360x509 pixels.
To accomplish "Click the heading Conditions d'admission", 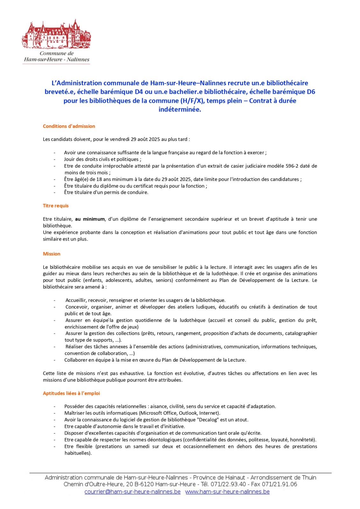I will point(69,126).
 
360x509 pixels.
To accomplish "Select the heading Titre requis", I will point(56,206).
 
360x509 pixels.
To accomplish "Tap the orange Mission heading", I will point(52,254).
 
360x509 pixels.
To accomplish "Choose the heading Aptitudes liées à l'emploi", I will point(71,394).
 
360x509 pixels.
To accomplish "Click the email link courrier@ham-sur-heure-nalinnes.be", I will point(132,492).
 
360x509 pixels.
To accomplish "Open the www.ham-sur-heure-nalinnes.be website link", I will point(227,492).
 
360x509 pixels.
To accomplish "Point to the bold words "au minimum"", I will point(90,219).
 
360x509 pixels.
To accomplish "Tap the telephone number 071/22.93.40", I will point(228,485).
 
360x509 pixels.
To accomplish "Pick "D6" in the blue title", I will point(311,92).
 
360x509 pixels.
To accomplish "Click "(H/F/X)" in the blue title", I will point(192,101).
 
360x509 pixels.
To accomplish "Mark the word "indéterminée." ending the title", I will point(180,109).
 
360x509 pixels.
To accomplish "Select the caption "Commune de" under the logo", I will point(57,53).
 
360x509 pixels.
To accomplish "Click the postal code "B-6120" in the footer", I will point(144,485).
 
